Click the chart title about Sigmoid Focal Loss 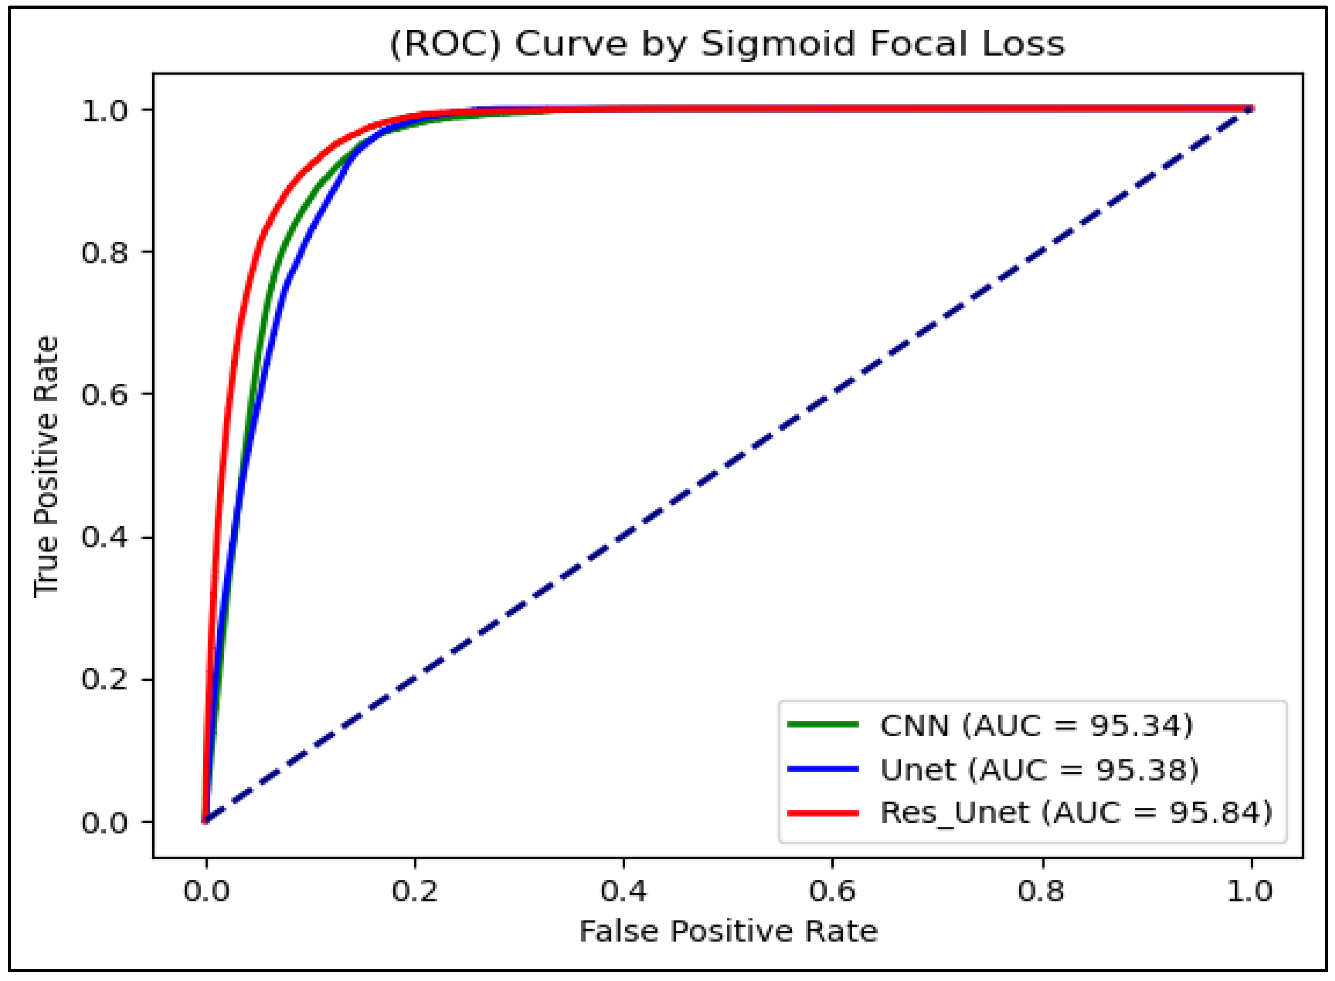point(727,44)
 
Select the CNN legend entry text point(1036,726)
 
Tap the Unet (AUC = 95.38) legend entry point(1039,769)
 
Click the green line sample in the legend point(823,724)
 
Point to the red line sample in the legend point(823,813)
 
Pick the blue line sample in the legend point(823,768)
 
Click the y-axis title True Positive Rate point(46,467)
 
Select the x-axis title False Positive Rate point(728,931)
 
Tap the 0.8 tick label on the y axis point(104,252)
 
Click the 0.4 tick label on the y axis point(104,537)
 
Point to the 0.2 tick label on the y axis point(104,679)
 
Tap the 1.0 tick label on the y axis point(104,110)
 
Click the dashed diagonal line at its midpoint point(729,465)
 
